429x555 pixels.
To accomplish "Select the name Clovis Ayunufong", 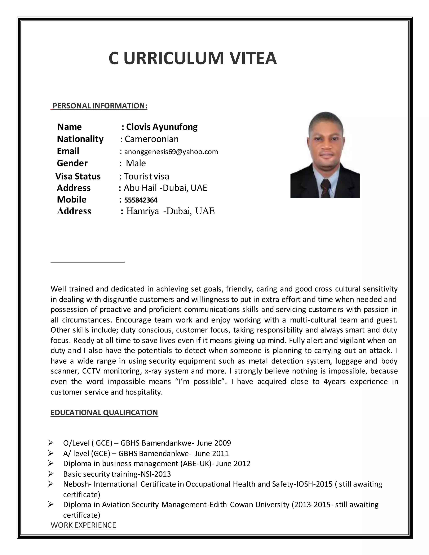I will (162, 127).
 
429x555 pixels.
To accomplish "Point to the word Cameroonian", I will (151, 139).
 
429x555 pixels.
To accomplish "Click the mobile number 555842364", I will (141, 200).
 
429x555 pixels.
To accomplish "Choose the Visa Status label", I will (78, 176).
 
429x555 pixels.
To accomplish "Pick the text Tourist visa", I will (146, 176).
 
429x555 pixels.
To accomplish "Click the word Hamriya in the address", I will (143, 211).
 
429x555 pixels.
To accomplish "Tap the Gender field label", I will (72, 163).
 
